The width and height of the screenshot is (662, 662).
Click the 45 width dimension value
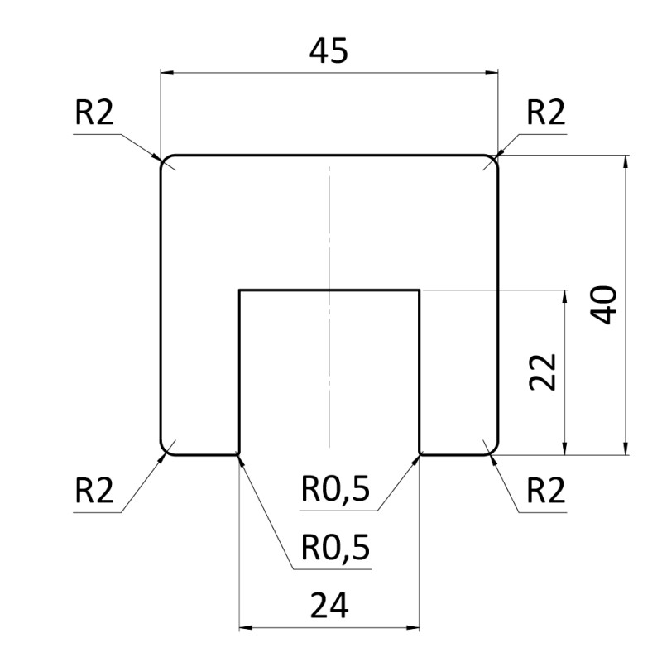(329, 51)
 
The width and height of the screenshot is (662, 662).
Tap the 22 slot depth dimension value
(543, 372)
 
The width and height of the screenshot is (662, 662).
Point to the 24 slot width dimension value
(329, 607)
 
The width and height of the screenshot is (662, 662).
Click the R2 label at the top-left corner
(94, 114)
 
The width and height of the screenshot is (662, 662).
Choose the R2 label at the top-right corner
(545, 114)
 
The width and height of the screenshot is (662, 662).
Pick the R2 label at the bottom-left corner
(94, 492)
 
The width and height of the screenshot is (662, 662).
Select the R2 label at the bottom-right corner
(545, 492)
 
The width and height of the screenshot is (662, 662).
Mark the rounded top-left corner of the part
(164, 159)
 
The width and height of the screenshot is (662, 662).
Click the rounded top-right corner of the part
(495, 159)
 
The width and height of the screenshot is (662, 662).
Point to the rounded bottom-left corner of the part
(164, 450)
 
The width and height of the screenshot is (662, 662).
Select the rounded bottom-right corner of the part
(495, 450)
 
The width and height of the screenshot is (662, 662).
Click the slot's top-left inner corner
(240, 290)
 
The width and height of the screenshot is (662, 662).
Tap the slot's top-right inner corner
(420, 290)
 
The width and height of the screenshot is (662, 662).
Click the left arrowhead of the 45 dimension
(166, 74)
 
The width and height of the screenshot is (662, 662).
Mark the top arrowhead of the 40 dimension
(626, 162)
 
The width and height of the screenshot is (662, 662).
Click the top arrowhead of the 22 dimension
(565, 297)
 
